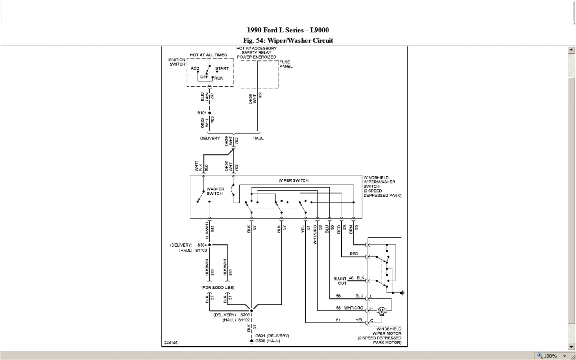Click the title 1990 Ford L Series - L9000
click(x=288, y=30)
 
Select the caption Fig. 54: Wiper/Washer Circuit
click(x=288, y=40)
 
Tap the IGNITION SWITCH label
click(x=177, y=62)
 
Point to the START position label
click(x=222, y=68)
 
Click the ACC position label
click(x=195, y=68)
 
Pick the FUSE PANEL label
click(x=286, y=64)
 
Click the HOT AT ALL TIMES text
click(x=208, y=55)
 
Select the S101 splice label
click(x=202, y=112)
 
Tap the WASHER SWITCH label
click(x=215, y=191)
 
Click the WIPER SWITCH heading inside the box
click(x=293, y=180)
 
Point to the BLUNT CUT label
click(x=340, y=281)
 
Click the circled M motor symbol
click(x=382, y=311)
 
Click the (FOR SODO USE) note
click(x=218, y=288)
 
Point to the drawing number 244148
click(x=171, y=343)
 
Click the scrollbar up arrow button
click(x=571, y=50)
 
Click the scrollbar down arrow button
click(x=571, y=346)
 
